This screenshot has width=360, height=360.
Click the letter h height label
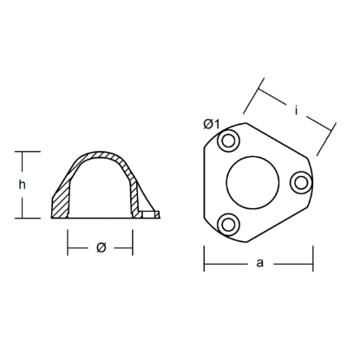25,184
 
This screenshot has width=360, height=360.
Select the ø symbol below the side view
101,247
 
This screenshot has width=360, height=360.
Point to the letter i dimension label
297,110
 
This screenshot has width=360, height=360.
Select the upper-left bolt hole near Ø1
229,141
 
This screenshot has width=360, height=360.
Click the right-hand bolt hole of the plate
301,181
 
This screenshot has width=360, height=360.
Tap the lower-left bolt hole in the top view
229,225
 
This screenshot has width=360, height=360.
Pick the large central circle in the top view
253,182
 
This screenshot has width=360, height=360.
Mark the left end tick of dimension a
204,259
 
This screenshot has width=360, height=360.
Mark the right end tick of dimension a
312,259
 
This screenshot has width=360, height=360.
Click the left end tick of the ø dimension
69,246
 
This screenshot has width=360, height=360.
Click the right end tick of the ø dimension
133,246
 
